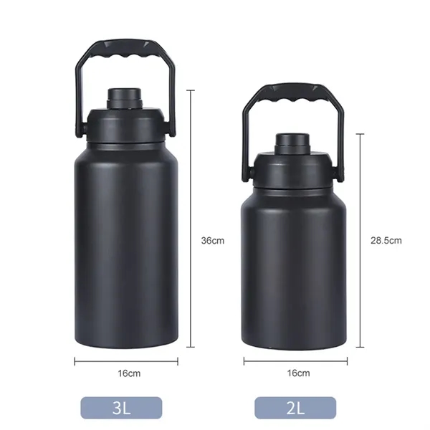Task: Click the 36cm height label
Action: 213,241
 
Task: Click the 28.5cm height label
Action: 386,241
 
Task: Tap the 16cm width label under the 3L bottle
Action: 129,373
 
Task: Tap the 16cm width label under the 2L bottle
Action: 298,373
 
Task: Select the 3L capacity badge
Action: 121,408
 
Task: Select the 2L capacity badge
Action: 295,408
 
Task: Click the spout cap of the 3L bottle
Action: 125,98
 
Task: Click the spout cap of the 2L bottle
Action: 292,143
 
